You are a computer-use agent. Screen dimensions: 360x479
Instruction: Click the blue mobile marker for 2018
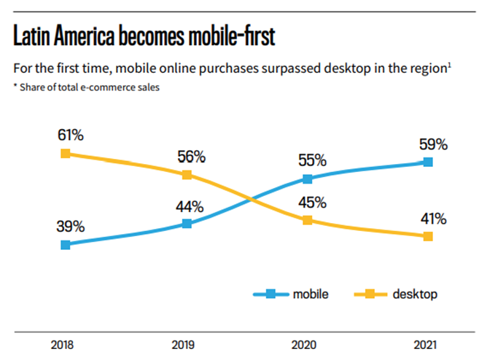click(66, 245)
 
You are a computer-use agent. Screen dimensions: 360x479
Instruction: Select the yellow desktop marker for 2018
click(66, 153)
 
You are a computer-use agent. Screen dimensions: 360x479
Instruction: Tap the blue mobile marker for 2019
click(187, 224)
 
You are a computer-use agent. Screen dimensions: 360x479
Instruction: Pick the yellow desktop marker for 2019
click(187, 174)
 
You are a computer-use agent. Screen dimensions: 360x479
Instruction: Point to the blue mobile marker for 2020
click(308, 179)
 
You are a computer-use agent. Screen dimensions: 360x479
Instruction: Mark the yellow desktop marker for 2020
click(308, 220)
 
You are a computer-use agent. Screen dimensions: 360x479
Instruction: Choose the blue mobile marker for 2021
click(428, 162)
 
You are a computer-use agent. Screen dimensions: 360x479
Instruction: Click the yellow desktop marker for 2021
click(428, 236)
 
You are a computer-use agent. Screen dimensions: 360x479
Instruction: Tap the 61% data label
click(71, 135)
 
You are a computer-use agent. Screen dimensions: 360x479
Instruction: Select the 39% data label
click(71, 225)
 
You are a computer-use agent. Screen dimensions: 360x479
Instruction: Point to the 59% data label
click(432, 144)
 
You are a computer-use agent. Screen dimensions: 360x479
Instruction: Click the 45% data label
click(312, 202)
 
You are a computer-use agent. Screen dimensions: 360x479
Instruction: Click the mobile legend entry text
click(311, 294)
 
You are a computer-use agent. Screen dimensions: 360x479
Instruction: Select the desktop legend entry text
click(415, 294)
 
